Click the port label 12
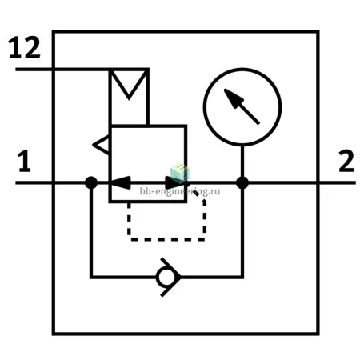pos(25,47)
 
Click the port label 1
pos(25,161)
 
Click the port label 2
pos(346,161)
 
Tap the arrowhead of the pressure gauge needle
pos(234,98)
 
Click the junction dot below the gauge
pos(242,182)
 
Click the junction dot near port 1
pos(91,182)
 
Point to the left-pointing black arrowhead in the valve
pos(121,182)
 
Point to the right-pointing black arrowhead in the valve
pos(174,182)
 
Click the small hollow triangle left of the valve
pos(101,145)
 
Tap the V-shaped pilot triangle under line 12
pos(129,84)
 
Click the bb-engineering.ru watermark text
pos(180,191)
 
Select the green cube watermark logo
pos(180,172)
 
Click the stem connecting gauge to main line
pos(242,162)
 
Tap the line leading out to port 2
pos(302,182)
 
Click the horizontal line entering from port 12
pos(62,70)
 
